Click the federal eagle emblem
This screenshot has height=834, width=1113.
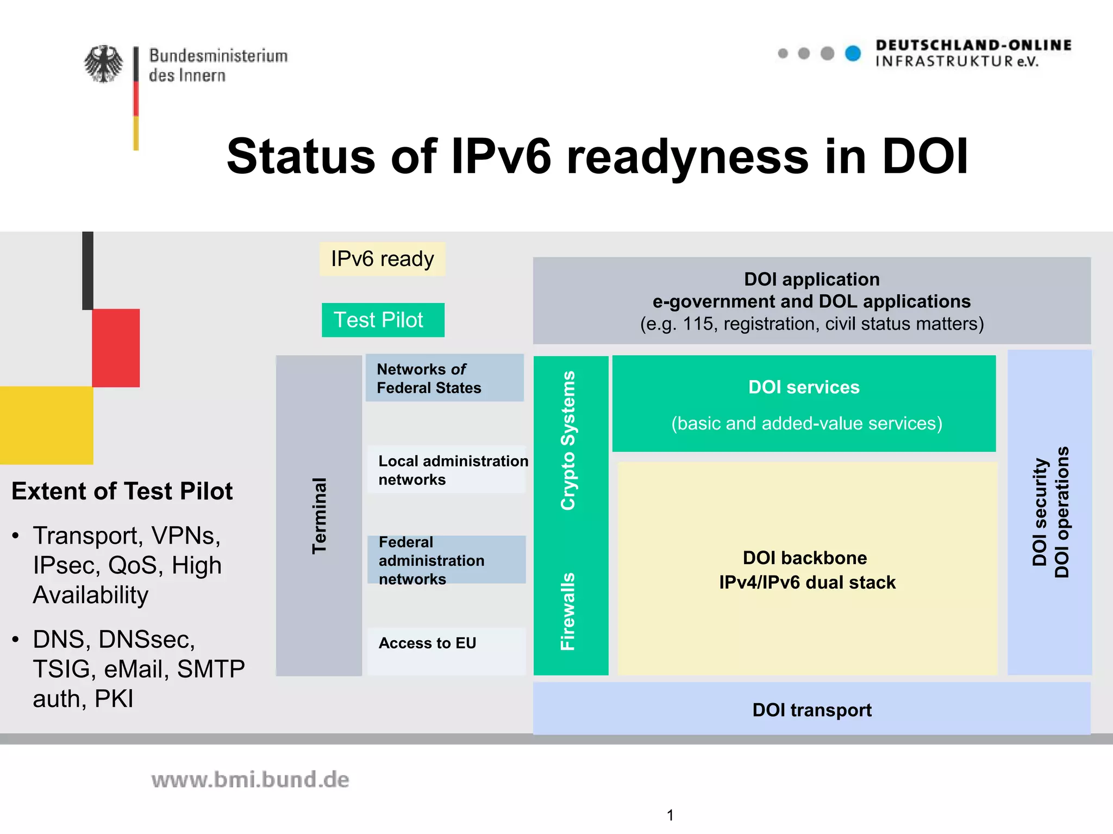click(103, 64)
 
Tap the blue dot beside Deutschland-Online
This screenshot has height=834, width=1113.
click(853, 53)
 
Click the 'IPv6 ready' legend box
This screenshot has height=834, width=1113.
click(383, 259)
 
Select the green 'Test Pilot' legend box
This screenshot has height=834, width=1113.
click(383, 320)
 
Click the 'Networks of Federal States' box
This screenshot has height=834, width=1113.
click(445, 378)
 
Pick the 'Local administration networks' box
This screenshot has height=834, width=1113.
click(447, 470)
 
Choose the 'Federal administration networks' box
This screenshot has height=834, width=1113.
click(447, 560)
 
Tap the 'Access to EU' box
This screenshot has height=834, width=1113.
click(447, 650)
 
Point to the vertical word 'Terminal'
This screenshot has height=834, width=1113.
click(319, 515)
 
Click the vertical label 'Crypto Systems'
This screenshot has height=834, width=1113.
click(568, 440)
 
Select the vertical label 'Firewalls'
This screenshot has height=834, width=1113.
click(568, 611)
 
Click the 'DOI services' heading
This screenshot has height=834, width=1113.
click(804, 387)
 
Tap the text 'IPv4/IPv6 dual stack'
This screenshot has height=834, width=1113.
click(807, 582)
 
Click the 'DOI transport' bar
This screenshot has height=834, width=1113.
click(812, 710)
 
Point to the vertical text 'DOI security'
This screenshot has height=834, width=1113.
click(1039, 512)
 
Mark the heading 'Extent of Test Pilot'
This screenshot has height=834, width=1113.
click(122, 491)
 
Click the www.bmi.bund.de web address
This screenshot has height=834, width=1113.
click(250, 780)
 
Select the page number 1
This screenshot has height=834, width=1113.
click(670, 815)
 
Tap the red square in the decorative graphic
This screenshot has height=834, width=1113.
click(116, 347)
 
